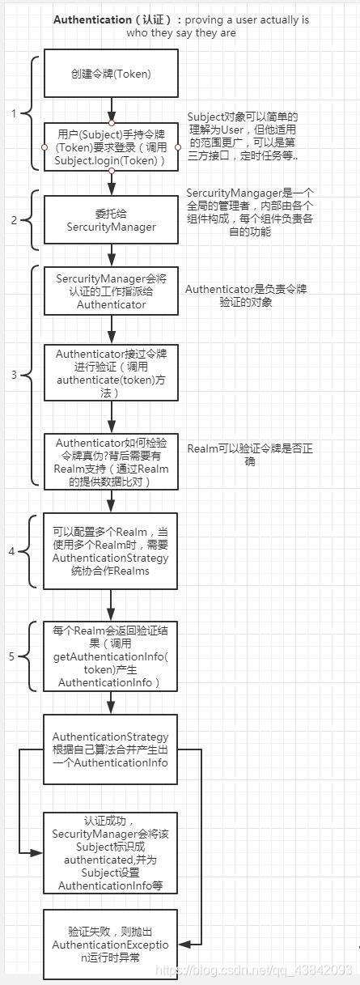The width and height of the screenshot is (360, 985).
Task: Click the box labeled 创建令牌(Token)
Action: coord(111,74)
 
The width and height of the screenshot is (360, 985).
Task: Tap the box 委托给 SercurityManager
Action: coord(111,220)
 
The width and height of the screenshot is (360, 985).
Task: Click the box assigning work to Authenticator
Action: coord(111,291)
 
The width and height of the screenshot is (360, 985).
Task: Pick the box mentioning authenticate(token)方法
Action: coord(111,372)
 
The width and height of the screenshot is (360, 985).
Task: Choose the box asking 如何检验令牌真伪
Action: coord(111,461)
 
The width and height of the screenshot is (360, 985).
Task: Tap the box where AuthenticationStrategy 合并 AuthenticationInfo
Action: coord(111,749)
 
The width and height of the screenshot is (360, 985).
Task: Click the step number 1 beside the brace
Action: coord(14,113)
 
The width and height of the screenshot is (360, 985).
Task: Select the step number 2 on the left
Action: coord(14,220)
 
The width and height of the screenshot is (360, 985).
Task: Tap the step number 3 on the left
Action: coord(14,376)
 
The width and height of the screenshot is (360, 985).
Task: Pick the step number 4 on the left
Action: coord(11,551)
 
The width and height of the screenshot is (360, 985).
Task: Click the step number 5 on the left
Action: coord(11,656)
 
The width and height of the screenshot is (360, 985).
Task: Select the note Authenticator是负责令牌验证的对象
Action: coord(246,295)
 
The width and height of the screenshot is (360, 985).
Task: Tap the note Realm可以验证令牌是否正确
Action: coord(246,454)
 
